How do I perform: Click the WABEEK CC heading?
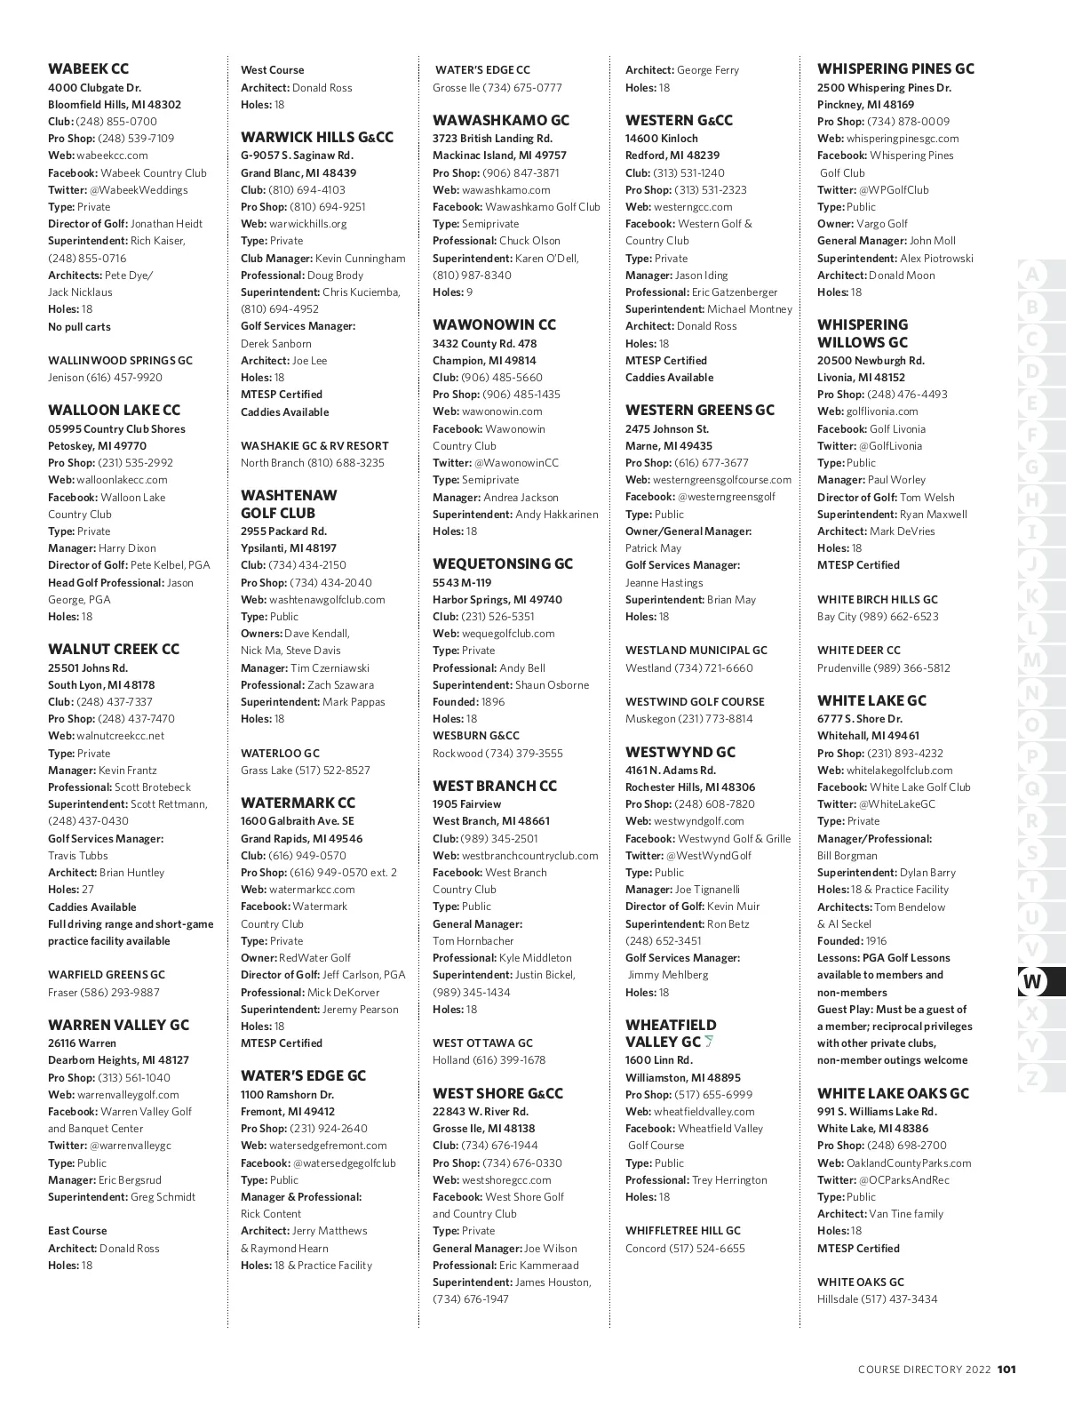(x=88, y=68)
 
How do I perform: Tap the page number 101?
(x=1006, y=1369)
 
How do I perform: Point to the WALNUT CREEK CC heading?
(x=114, y=649)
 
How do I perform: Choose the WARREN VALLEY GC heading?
(x=118, y=1025)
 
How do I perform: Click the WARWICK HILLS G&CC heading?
(x=317, y=137)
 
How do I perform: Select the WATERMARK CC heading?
(x=298, y=803)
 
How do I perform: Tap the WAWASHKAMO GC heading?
(x=501, y=120)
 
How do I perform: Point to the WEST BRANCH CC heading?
(x=495, y=786)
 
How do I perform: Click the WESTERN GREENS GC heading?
(x=700, y=410)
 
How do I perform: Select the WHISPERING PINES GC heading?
(x=895, y=68)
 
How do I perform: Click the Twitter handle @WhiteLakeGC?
(x=897, y=804)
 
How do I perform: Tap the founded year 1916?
(x=876, y=941)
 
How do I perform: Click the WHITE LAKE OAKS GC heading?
(x=893, y=1093)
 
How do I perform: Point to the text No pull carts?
(x=79, y=327)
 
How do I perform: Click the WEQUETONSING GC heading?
(x=503, y=563)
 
